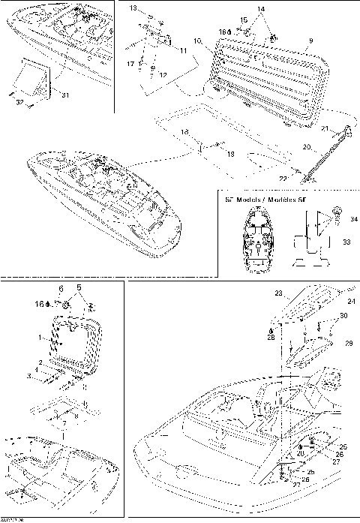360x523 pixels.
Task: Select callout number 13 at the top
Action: click(x=132, y=8)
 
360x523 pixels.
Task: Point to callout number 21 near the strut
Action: click(x=325, y=130)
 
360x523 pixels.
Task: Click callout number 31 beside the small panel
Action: click(x=64, y=94)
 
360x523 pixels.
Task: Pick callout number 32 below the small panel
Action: click(x=19, y=101)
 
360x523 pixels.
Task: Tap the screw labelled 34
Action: click(x=335, y=211)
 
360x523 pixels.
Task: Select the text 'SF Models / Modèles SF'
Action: click(x=258, y=200)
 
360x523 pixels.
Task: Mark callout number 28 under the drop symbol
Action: click(x=270, y=338)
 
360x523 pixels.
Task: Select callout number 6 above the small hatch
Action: click(x=61, y=288)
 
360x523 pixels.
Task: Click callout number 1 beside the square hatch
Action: click(x=40, y=338)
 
